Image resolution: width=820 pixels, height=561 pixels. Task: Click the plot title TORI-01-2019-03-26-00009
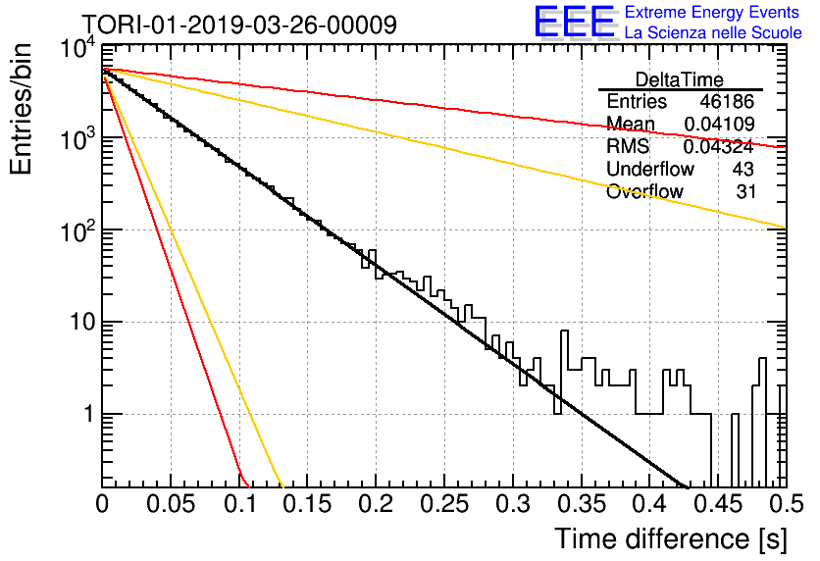[239, 25]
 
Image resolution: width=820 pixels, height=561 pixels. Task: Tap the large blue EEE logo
[575, 23]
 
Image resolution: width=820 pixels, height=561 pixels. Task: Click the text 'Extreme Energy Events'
[712, 12]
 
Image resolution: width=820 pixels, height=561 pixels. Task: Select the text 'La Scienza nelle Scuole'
[713, 32]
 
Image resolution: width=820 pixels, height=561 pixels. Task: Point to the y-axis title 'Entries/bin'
[21, 109]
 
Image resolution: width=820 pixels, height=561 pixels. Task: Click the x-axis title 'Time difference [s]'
[671, 538]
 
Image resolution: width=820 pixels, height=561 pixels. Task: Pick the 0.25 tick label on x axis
[444, 504]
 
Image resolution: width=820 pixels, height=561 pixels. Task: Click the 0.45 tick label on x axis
[718, 504]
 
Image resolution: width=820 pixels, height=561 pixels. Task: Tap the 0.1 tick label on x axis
[239, 504]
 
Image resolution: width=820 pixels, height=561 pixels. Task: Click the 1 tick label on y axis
[89, 414]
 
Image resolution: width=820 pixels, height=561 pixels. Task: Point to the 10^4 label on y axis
[78, 49]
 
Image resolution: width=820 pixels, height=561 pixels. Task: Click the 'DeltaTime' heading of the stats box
[680, 79]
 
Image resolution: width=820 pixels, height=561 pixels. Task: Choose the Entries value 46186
[727, 101]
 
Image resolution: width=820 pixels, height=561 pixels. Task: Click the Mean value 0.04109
[719, 124]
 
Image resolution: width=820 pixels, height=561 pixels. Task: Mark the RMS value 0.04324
[719, 147]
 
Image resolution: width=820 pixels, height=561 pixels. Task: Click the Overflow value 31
[745, 192]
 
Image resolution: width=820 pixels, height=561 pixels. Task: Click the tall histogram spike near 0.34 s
[564, 349]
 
